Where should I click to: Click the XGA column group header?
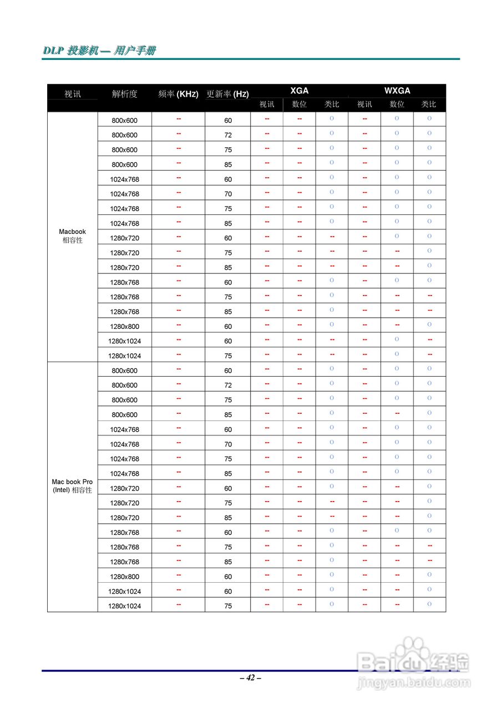point(299,91)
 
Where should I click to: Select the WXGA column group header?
point(397,91)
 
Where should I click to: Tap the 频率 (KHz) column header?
point(178,94)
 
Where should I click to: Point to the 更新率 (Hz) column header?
point(227,94)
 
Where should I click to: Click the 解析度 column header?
point(124,94)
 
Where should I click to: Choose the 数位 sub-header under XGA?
point(299,104)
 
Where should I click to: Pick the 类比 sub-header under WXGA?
point(429,104)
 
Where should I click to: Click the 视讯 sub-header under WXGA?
point(364,104)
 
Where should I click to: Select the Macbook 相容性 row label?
point(73,236)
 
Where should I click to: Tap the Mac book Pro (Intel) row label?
point(73,486)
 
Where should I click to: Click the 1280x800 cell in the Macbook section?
point(124,327)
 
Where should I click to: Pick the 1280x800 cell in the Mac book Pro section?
point(124,577)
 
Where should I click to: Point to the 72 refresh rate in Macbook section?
point(228,135)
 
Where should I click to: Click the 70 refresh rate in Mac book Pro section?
point(228,444)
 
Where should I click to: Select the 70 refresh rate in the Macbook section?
point(228,194)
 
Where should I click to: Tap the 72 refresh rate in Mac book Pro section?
point(228,385)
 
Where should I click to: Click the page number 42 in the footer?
point(251,678)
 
